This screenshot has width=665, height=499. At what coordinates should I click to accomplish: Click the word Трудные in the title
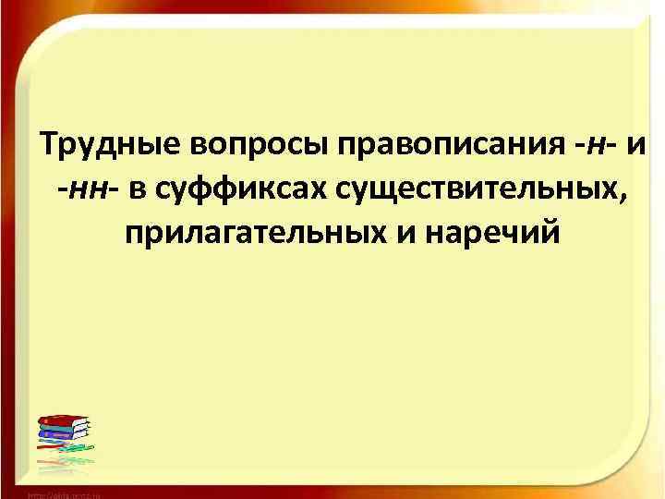click(112, 146)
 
